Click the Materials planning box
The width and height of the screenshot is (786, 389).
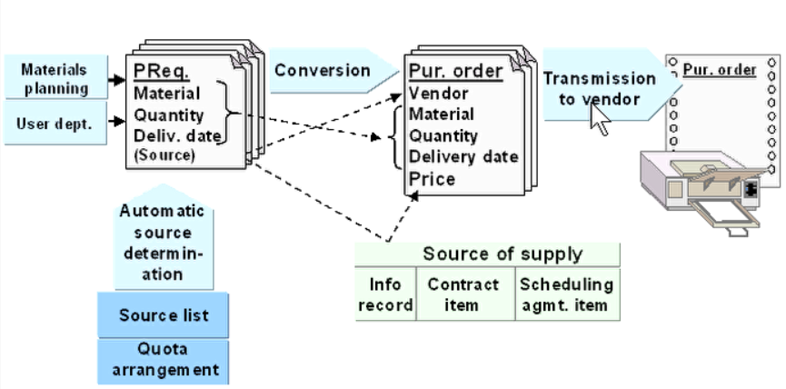coord(54,78)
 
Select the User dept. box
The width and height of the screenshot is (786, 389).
coord(54,124)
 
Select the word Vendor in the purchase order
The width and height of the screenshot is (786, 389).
coord(439,93)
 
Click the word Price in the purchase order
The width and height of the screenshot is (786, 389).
coord(432,179)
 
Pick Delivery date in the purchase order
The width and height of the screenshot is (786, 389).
coord(463,157)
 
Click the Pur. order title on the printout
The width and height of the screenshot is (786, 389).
coord(721,69)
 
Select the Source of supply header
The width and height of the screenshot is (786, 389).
coord(488,254)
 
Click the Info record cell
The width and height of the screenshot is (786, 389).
coord(385,294)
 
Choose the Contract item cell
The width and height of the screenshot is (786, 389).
coord(464,294)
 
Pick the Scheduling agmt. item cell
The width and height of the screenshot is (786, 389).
coord(567,294)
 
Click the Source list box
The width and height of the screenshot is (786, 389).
coord(164,316)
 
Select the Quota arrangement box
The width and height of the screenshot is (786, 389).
coord(164,360)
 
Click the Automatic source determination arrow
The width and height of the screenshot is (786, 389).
coord(163,242)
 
